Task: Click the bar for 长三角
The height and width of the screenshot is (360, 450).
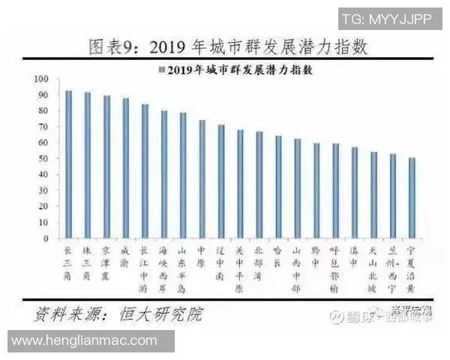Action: click(69, 164)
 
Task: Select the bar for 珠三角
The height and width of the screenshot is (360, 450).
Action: click(88, 165)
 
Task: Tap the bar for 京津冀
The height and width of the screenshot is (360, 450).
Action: click(106, 166)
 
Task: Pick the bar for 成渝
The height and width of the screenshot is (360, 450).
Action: click(126, 168)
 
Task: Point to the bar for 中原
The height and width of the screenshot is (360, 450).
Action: click(202, 179)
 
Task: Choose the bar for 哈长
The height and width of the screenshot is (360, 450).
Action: click(278, 187)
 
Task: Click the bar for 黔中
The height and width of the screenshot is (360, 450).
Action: click(316, 190)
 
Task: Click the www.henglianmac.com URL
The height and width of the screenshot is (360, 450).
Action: click(85, 340)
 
